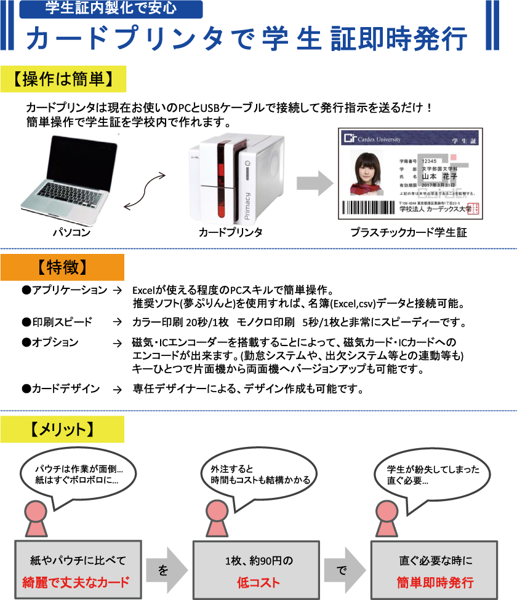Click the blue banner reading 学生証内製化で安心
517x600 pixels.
(111, 9)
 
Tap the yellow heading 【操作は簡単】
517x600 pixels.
(63, 79)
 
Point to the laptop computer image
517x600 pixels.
(69, 180)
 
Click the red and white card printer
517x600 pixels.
(236, 178)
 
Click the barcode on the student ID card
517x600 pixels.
(367, 207)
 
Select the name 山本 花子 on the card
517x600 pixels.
(439, 176)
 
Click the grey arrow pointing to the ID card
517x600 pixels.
(315, 183)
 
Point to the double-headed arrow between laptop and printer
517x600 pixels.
(145, 191)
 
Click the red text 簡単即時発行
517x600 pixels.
(435, 582)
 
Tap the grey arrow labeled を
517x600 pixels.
(165, 570)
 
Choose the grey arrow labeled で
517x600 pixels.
(342, 570)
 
